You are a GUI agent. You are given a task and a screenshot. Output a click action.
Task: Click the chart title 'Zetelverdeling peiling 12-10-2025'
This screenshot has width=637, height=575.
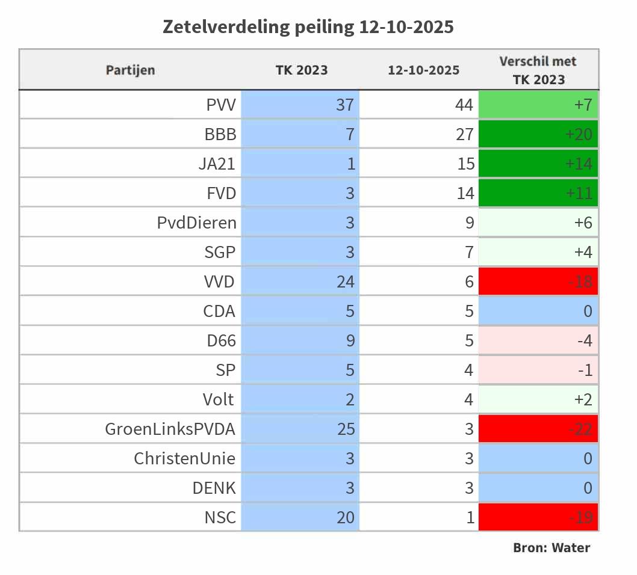pyautogui.click(x=308, y=27)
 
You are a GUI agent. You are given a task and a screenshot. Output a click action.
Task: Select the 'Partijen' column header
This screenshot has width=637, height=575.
pyautogui.click(x=130, y=70)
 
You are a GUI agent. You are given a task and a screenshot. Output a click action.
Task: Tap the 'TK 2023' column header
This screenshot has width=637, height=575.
pyautogui.click(x=302, y=70)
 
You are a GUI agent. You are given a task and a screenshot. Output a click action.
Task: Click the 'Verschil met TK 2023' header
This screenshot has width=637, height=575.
pyautogui.click(x=538, y=70)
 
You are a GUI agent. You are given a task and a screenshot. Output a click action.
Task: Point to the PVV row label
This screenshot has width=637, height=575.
pyautogui.click(x=221, y=105)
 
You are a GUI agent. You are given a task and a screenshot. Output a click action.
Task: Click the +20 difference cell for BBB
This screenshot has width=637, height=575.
pyautogui.click(x=538, y=134)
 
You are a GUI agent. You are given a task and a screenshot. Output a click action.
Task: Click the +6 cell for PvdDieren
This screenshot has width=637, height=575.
pyautogui.click(x=538, y=223)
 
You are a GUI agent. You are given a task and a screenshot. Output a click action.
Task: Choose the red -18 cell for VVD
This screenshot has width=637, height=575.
pyautogui.click(x=538, y=281)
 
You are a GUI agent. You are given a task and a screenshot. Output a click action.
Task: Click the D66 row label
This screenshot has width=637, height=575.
pyautogui.click(x=221, y=340)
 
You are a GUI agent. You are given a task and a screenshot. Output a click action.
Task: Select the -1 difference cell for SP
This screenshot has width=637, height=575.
pyautogui.click(x=538, y=370)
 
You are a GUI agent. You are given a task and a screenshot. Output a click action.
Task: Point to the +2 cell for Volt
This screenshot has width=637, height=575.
pyautogui.click(x=538, y=399)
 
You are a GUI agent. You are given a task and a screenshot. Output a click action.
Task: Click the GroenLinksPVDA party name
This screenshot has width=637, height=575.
pyautogui.click(x=170, y=429)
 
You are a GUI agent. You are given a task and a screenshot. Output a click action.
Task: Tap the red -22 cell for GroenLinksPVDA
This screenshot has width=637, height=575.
pyautogui.click(x=538, y=429)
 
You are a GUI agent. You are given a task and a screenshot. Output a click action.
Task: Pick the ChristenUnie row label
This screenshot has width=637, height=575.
pyautogui.click(x=184, y=458)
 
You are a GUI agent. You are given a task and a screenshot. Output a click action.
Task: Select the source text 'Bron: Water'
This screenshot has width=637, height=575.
pyautogui.click(x=551, y=547)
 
